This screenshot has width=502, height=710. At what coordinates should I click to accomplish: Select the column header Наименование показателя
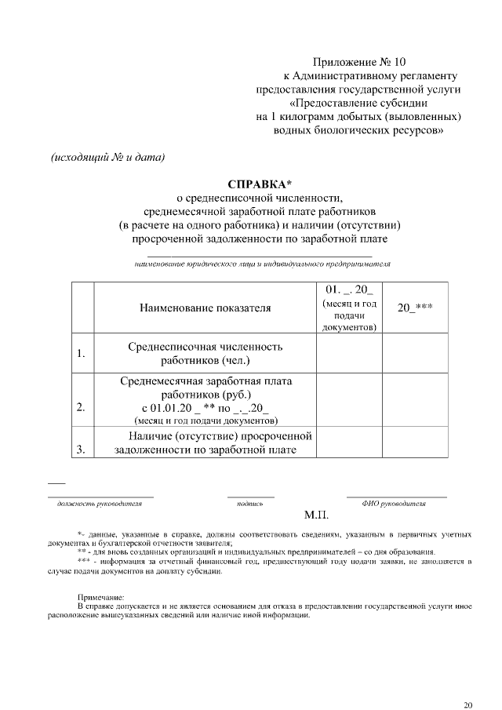click(x=206, y=308)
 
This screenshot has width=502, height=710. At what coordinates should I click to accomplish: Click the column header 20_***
click(x=415, y=308)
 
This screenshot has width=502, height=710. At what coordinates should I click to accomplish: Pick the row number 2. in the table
click(x=81, y=407)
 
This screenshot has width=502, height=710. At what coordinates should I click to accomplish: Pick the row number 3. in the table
click(x=81, y=449)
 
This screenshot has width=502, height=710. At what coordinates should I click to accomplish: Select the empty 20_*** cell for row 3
click(x=415, y=442)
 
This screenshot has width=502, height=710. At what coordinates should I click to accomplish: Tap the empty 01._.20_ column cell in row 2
click(x=349, y=400)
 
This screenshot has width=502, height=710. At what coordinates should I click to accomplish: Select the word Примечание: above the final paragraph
click(x=101, y=597)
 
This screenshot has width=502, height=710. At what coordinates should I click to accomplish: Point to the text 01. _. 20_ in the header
click(x=349, y=289)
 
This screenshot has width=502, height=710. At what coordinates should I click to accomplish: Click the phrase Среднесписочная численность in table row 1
click(x=206, y=347)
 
